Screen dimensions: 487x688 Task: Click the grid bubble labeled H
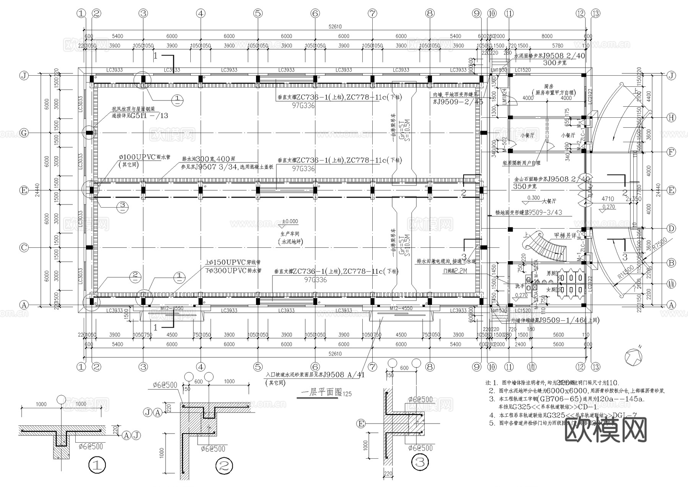672,118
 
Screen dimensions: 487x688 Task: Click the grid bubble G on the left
24,133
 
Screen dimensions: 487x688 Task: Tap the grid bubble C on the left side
24,248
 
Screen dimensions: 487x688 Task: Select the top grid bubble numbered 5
258,13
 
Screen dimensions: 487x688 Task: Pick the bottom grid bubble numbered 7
372,367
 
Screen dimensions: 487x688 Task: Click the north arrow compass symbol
633,356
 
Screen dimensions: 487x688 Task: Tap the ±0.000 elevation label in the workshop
290,221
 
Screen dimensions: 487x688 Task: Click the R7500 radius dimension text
660,243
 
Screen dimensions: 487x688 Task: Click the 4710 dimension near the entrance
608,199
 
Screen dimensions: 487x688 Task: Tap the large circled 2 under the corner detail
224,466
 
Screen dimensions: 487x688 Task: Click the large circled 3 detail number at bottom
420,463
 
